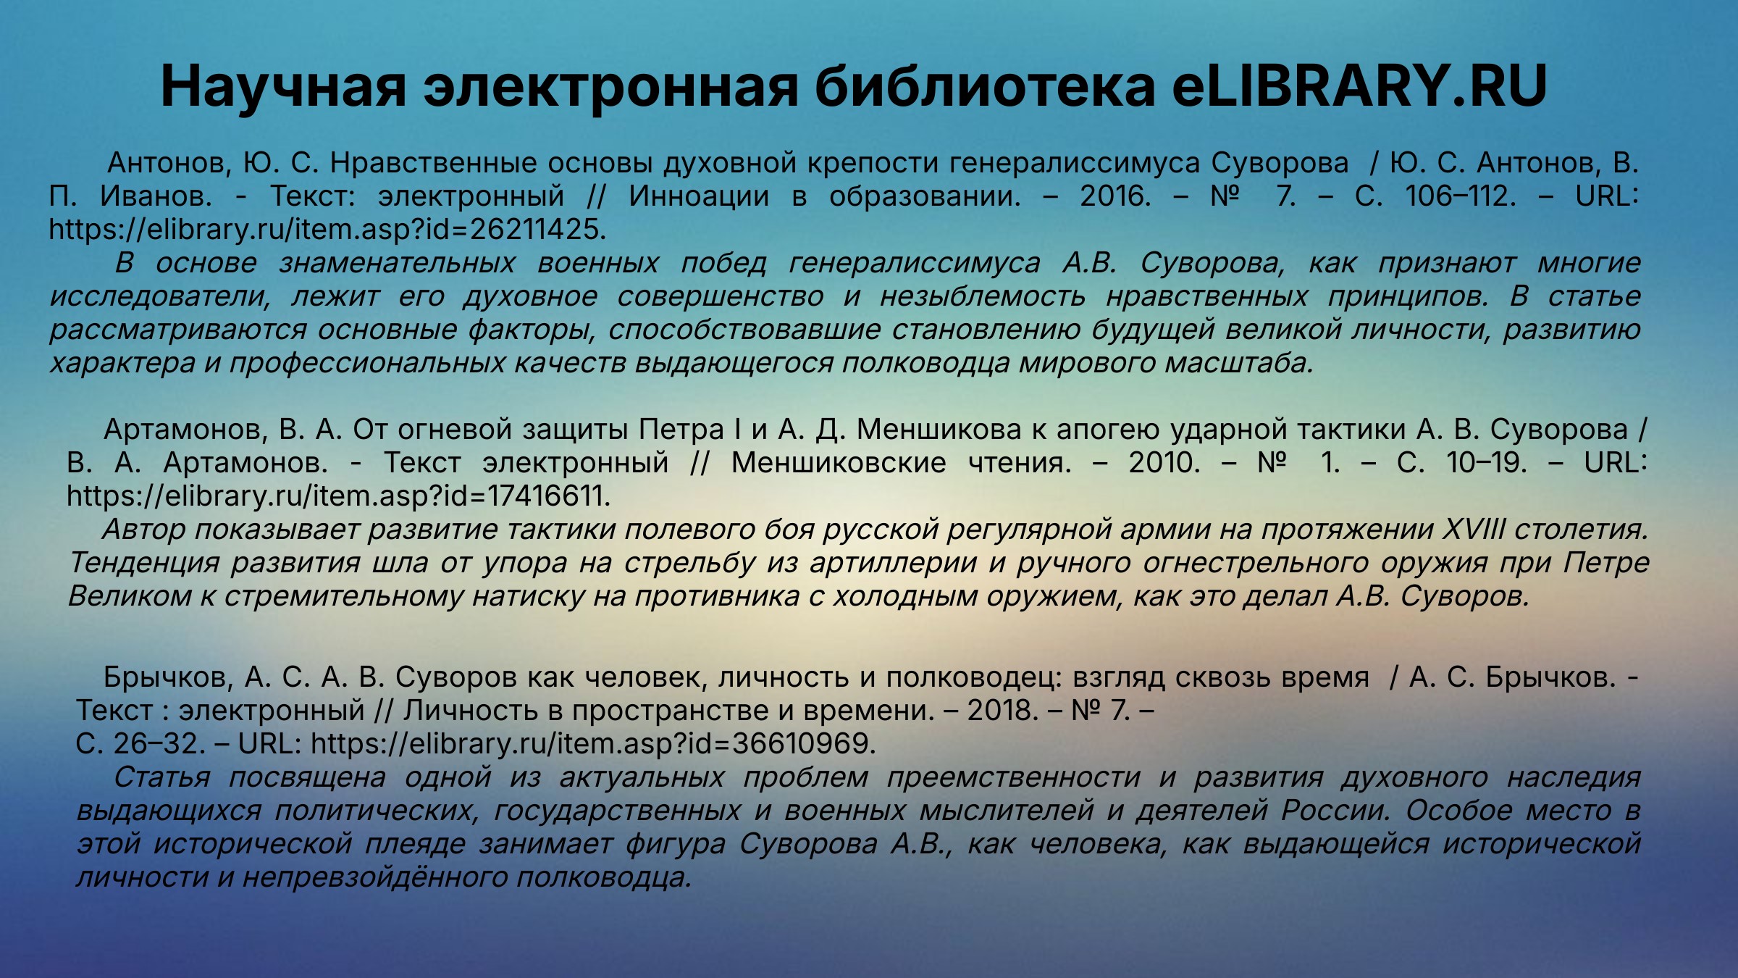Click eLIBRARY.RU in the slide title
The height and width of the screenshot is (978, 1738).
tap(1359, 86)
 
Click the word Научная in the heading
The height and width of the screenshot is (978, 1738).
tap(283, 86)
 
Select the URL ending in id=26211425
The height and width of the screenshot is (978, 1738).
tap(327, 230)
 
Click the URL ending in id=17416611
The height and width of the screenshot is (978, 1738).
tap(339, 496)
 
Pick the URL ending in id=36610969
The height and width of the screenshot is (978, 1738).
tap(594, 744)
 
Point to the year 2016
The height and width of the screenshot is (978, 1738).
tap(1115, 196)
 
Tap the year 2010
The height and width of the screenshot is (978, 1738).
tap(1164, 463)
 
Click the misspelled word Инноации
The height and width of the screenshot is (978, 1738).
tap(699, 196)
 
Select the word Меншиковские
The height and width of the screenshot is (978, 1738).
tap(839, 463)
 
